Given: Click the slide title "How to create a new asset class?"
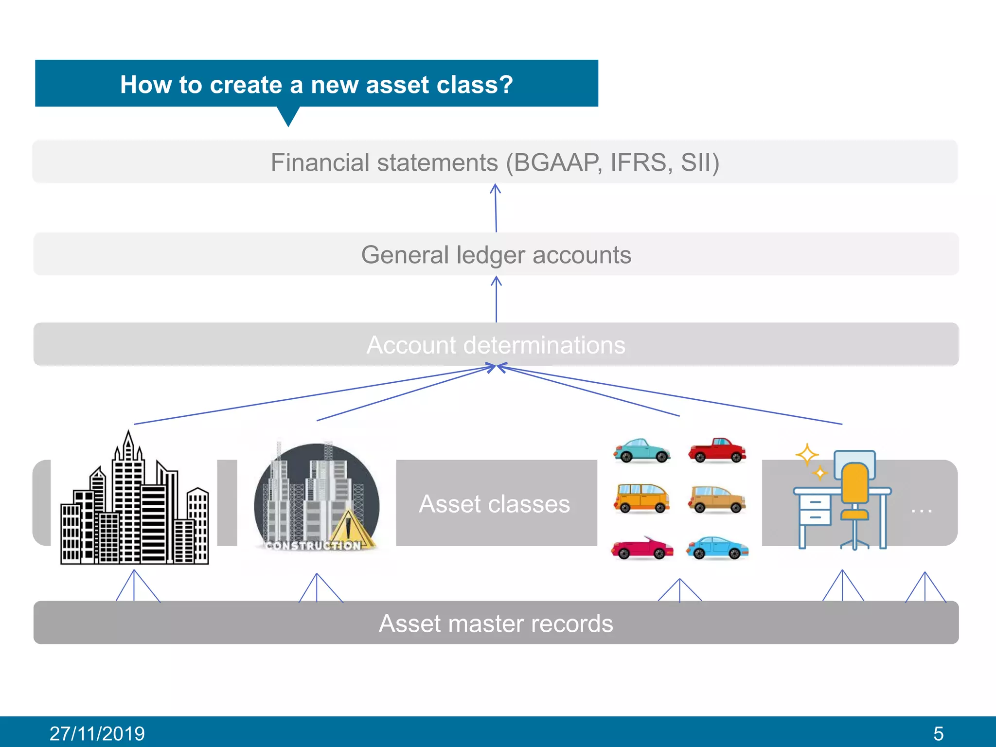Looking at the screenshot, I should pyautogui.click(x=316, y=85).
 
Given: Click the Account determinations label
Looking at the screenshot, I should pyautogui.click(x=496, y=345).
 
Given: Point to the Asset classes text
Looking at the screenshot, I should pyautogui.click(x=495, y=504).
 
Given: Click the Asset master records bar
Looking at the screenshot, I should pyautogui.click(x=496, y=623).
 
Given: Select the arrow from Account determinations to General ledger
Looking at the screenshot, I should pyautogui.click(x=496, y=299).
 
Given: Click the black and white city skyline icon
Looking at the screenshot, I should pyautogui.click(x=134, y=506).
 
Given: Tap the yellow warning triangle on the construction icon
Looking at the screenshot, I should pyautogui.click(x=349, y=528).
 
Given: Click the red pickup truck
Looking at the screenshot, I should pyautogui.click(x=717, y=450).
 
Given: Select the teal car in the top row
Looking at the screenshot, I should pyautogui.click(x=642, y=450).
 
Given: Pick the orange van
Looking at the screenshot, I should pyautogui.click(x=641, y=498).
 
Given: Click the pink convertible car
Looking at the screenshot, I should pyautogui.click(x=642, y=549).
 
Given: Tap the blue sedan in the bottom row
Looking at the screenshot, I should pyautogui.click(x=717, y=548).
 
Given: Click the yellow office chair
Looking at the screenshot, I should pyautogui.click(x=854, y=491).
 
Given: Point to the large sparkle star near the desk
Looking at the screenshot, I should pyautogui.click(x=807, y=454).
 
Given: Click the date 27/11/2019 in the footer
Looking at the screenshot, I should pyautogui.click(x=97, y=733).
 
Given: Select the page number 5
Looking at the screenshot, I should pyautogui.click(x=938, y=733).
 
